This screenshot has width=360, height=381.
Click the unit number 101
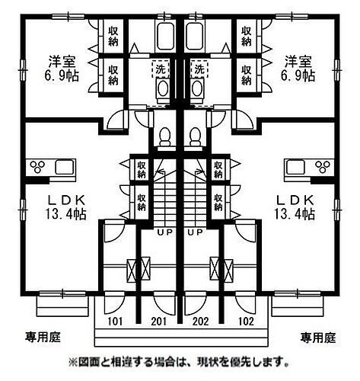coord(115,322)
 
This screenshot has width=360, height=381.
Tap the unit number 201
coord(159,322)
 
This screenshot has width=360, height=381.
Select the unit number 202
coord(201,322)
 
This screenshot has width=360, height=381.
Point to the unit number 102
coord(246,322)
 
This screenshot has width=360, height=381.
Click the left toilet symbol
coord(165,136)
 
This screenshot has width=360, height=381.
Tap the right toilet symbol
coord(195,136)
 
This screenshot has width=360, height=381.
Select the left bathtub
coord(165,36)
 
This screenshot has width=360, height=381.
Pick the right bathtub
coord(195,36)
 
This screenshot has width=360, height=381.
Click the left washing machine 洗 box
coord(161,69)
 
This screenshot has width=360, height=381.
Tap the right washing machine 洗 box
coord(199,69)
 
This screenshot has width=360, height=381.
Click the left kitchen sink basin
coord(65,167)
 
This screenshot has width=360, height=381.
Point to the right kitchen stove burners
coord(323,167)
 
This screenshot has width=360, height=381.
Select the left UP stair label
coord(165,232)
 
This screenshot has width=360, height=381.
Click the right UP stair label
coord(196,232)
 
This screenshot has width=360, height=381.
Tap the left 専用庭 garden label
coord(43,338)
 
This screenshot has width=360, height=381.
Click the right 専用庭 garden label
coord(318,338)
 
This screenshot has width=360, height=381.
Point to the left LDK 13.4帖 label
coord(66,207)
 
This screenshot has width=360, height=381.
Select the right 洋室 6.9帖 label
coord(298,69)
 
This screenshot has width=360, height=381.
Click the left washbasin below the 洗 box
coord(163,89)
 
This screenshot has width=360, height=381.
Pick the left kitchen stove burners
coord(37,167)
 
